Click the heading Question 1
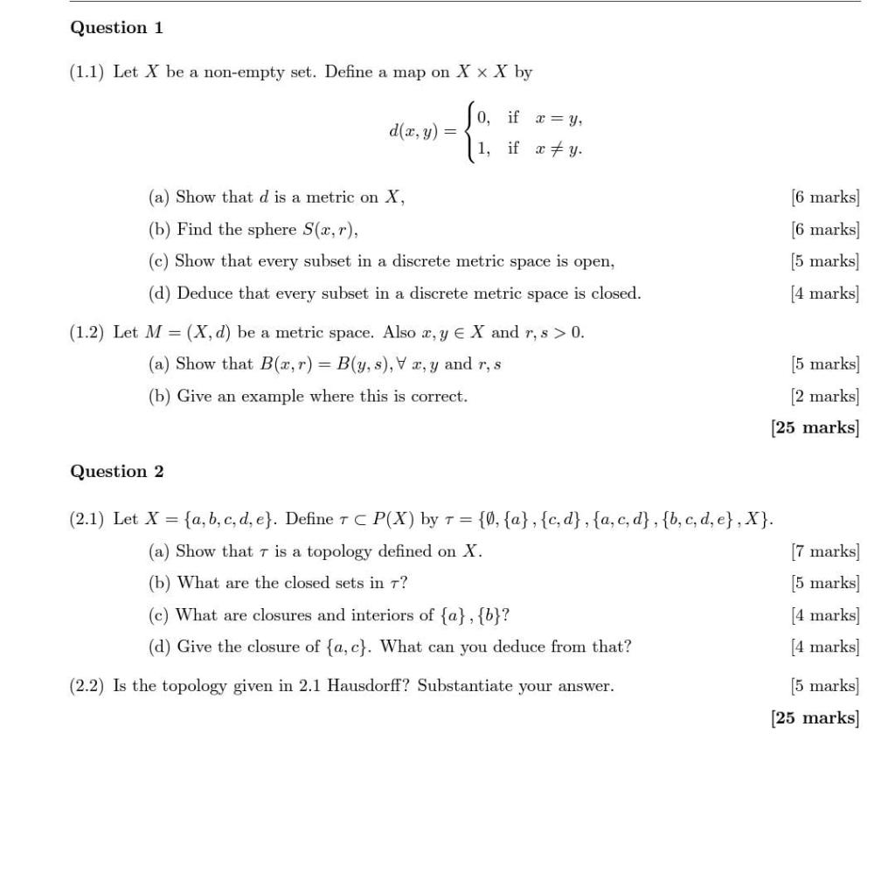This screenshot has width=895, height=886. pos(116,28)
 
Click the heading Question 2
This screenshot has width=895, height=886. pos(116,472)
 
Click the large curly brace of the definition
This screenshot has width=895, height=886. pos(472,132)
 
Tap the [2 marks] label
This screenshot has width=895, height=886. pos(825,397)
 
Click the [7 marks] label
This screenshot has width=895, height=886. pos(825,551)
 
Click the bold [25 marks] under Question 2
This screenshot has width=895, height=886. pos(815,718)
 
